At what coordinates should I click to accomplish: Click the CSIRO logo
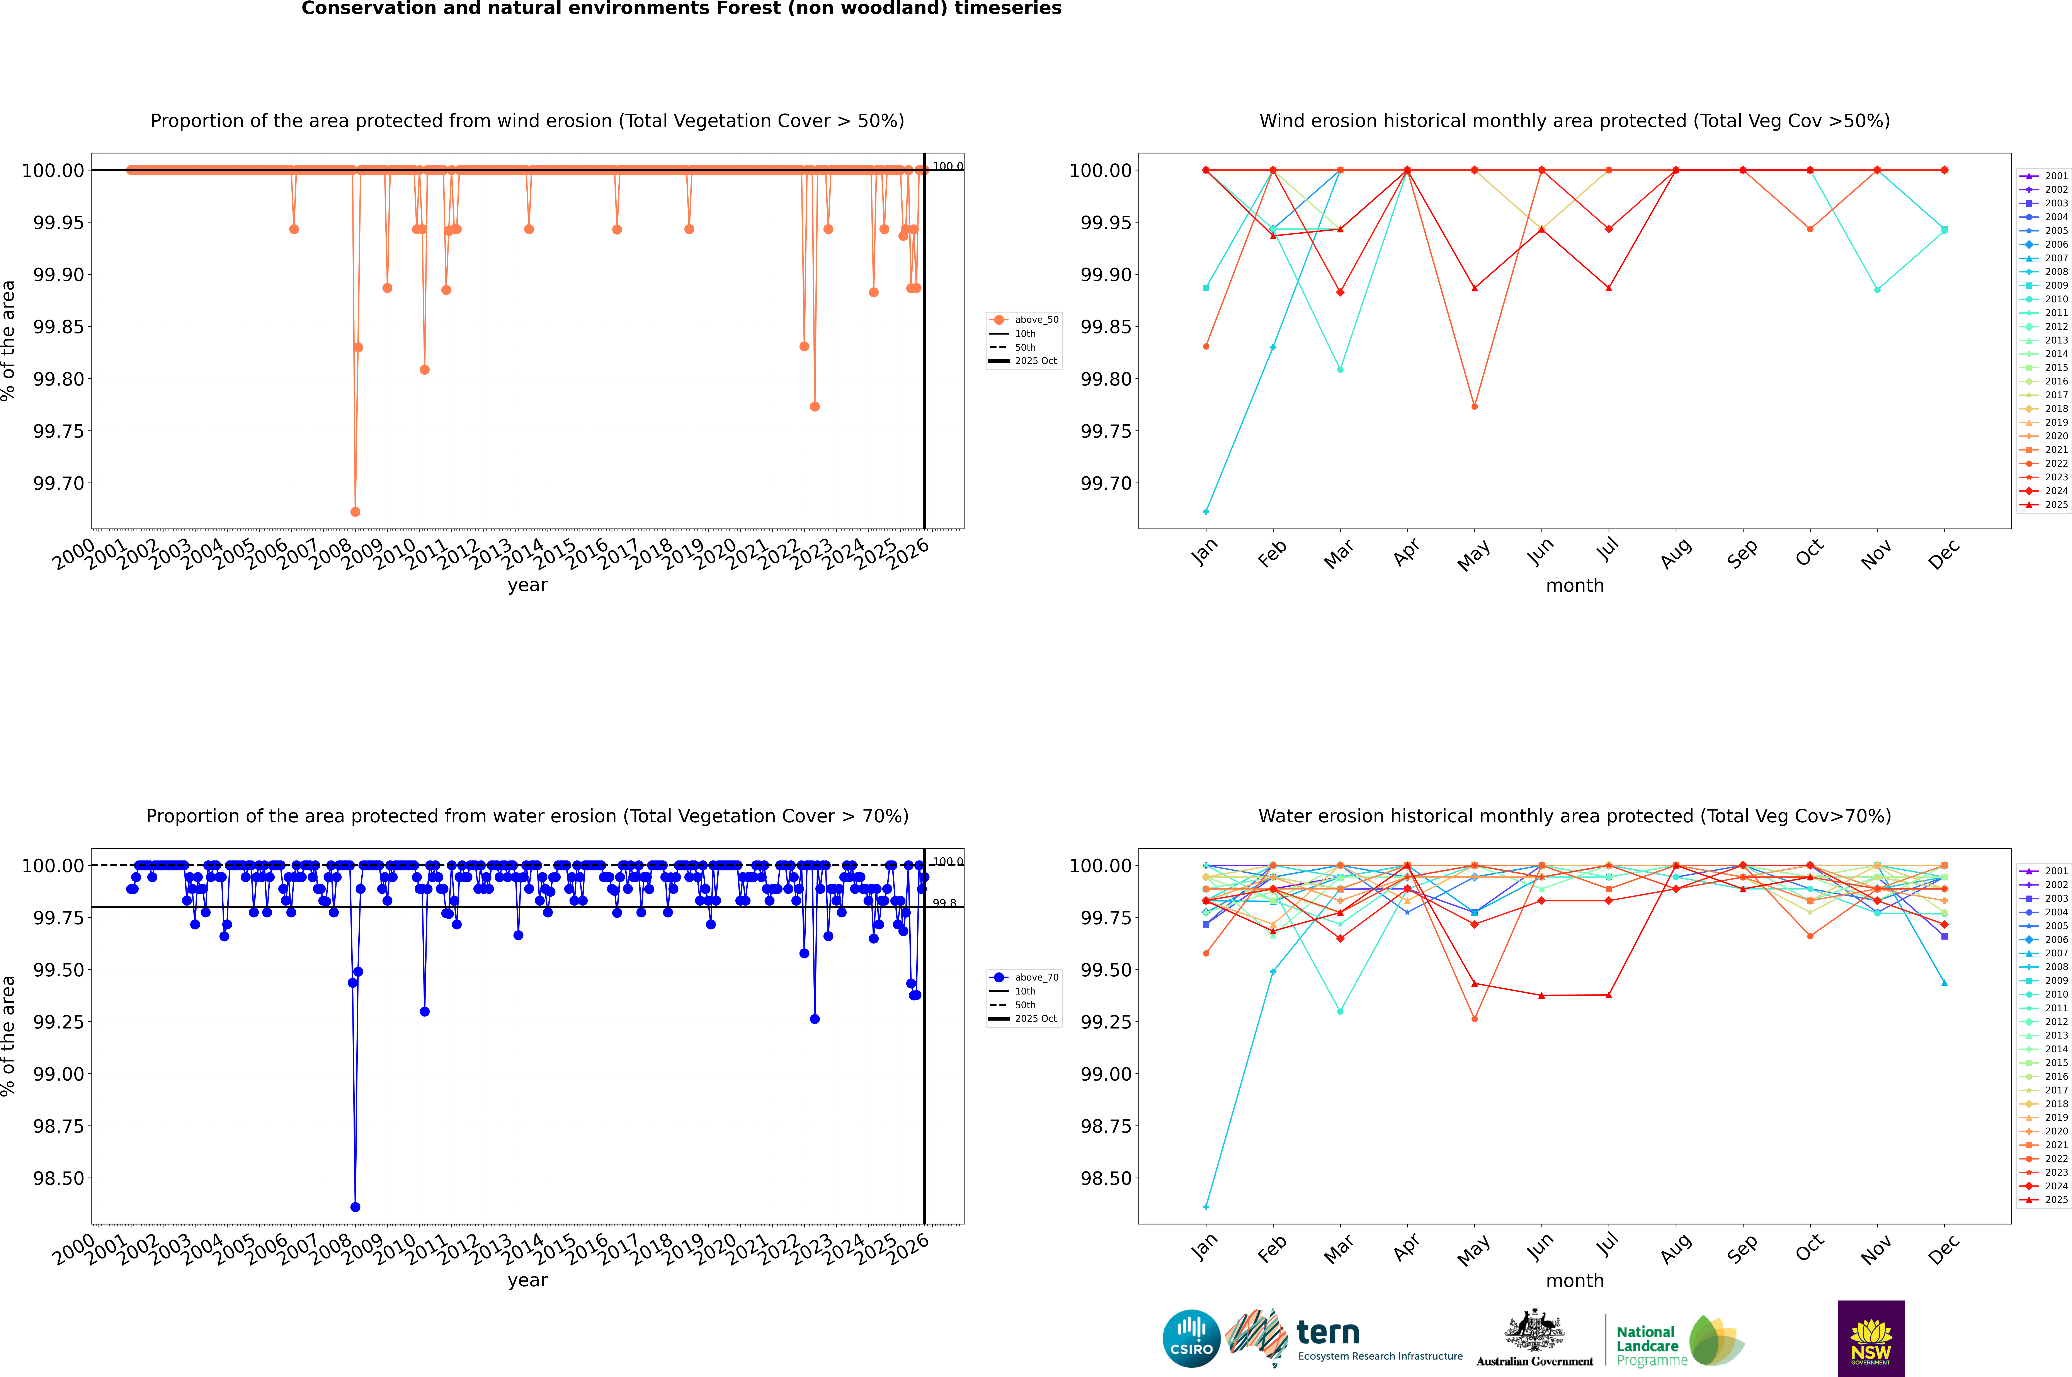tap(1191, 1338)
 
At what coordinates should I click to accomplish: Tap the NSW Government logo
tap(1871, 1338)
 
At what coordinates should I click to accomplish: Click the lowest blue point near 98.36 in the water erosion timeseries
tap(355, 1207)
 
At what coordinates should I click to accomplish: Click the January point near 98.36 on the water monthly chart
tap(1206, 1207)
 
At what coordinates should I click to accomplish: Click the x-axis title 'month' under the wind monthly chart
tap(1575, 586)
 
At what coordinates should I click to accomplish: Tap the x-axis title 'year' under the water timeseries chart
tap(527, 1280)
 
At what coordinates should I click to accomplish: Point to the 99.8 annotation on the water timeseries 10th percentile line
tap(944, 903)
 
